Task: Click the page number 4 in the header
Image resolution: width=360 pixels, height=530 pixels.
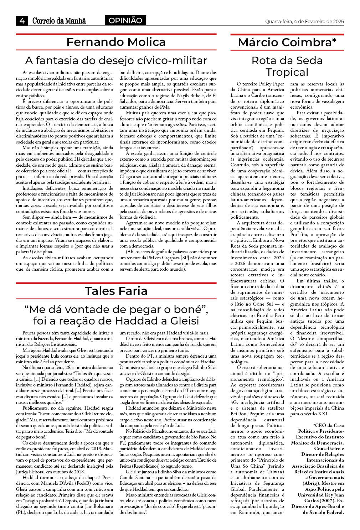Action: click(22, 21)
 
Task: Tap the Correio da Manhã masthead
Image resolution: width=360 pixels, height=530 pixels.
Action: click(59, 21)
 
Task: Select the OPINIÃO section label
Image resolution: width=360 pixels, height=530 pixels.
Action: click(125, 21)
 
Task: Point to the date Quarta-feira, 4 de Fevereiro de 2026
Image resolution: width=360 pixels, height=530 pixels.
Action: click(304, 21)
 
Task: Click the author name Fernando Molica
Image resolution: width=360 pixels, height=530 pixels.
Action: click(116, 42)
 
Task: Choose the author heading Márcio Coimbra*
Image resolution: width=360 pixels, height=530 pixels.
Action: click(287, 43)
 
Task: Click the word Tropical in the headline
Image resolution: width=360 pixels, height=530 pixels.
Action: click(287, 72)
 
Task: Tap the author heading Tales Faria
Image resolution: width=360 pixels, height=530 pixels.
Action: click(116, 291)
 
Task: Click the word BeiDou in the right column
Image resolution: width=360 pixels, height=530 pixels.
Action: click(239, 414)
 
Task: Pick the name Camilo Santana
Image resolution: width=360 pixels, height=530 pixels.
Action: click(131, 477)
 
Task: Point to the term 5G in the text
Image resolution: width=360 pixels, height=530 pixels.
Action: click(235, 402)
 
